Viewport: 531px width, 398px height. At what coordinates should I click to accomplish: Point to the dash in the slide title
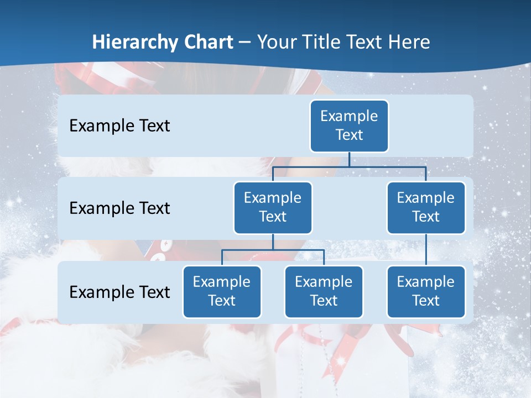tap(244, 42)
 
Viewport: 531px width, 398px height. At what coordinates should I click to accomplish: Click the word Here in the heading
tap(409, 42)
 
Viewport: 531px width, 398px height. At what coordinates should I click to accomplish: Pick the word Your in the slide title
tap(278, 42)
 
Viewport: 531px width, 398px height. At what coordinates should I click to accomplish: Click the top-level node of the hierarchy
tap(349, 125)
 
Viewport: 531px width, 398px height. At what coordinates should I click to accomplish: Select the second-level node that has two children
tap(273, 207)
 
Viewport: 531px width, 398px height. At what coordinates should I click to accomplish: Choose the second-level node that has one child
tap(426, 207)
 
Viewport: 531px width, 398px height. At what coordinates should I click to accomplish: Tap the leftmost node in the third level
tap(222, 291)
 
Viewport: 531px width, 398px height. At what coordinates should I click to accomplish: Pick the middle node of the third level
tap(324, 291)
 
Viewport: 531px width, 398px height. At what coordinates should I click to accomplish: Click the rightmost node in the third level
tap(426, 291)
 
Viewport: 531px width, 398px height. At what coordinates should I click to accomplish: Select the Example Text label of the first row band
tap(119, 125)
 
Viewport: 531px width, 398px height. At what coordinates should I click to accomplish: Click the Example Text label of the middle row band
tap(119, 208)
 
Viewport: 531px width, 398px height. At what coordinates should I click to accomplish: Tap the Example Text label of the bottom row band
tap(119, 292)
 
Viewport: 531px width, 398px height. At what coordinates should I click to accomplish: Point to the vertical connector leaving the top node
tap(349, 159)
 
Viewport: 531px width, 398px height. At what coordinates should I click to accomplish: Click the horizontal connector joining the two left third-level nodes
tap(273, 250)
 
